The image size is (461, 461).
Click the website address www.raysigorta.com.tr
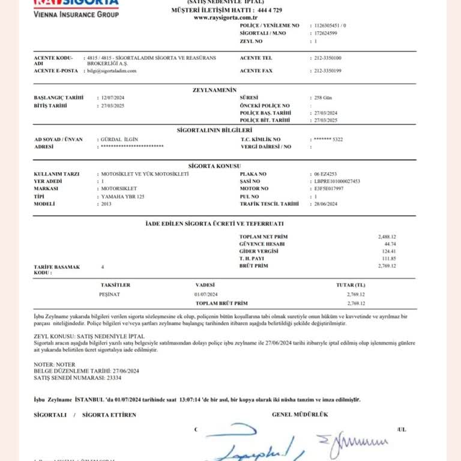coord(221,17)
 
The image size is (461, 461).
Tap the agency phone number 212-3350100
coord(328,58)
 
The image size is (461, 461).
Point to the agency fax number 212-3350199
coord(328,71)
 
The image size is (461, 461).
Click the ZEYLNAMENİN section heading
coord(214,89)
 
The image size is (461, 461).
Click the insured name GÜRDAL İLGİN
coord(120,139)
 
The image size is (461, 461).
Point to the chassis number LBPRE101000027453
coord(337,181)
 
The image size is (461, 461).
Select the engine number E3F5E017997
coord(328,188)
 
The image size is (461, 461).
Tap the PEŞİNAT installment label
coord(109,295)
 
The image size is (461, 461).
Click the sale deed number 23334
coord(114,379)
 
